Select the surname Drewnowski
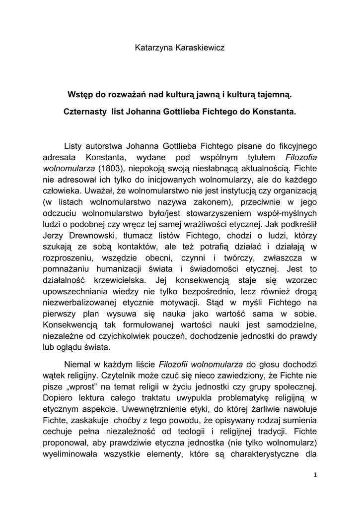(x=95, y=236)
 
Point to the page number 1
(x=315, y=475)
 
